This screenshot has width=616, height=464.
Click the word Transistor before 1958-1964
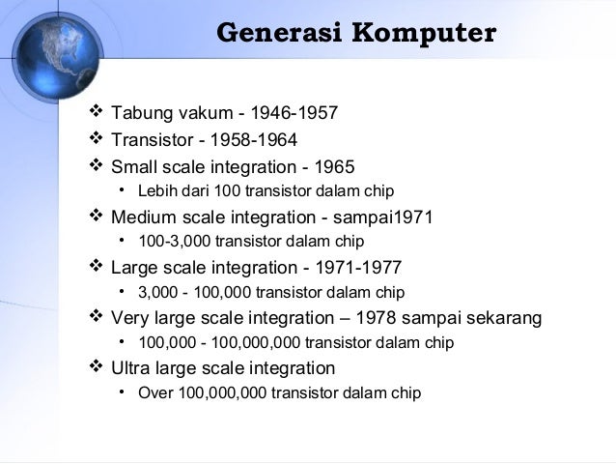(154, 140)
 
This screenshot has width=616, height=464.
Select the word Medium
(146, 217)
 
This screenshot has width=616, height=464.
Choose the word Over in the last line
(155, 392)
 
